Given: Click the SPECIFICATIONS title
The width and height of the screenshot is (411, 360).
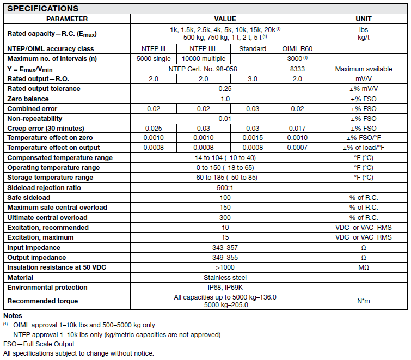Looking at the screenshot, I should [43, 8].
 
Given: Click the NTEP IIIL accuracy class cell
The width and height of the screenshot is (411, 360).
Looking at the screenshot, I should [203, 48].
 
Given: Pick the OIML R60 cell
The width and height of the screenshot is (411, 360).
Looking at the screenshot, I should [297, 48].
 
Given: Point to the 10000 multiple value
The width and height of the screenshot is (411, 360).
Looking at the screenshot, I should [203, 58].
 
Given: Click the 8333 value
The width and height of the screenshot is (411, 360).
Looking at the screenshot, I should [297, 69].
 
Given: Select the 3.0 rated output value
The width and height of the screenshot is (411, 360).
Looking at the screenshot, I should [253, 78].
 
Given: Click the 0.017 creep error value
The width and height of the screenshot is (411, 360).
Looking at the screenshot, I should [297, 128].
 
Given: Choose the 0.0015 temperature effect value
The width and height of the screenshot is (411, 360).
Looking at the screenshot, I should [253, 138].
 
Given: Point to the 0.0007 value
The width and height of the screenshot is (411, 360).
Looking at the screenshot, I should [297, 148].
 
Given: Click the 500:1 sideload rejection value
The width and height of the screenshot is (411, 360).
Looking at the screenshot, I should [225, 187].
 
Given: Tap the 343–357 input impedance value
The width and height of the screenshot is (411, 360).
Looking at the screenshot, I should [225, 247].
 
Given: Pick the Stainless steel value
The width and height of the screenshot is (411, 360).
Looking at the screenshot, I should [225, 277].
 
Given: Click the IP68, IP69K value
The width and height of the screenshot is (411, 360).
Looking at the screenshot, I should [225, 287].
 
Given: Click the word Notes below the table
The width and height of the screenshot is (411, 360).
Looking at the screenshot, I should [13, 316].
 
